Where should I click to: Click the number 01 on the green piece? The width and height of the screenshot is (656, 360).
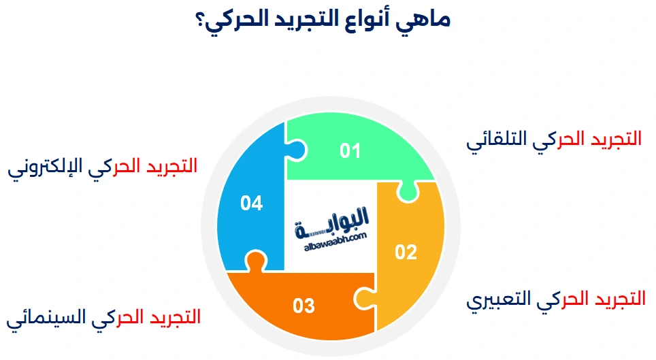tap(350, 150)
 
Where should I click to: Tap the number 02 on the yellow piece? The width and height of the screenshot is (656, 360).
tap(406, 252)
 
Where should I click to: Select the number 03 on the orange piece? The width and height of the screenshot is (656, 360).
tap(304, 306)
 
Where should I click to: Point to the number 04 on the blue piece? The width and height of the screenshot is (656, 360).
tap(251, 203)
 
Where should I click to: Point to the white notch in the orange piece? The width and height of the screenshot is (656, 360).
tap(361, 297)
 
